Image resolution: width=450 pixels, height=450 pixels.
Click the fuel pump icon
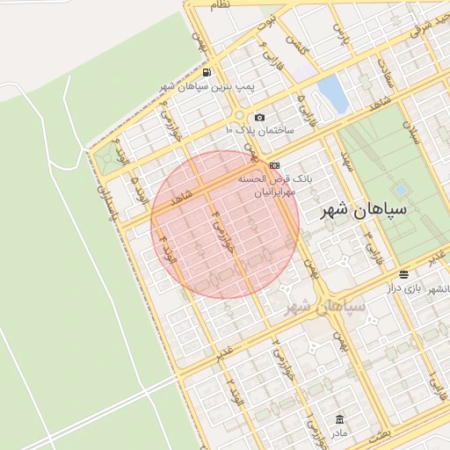pyautogui.click(x=206, y=72)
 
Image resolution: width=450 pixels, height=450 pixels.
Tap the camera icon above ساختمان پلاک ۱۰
pyautogui.click(x=259, y=118)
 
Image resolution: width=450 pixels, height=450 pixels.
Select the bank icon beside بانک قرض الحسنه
pyautogui.click(x=275, y=165)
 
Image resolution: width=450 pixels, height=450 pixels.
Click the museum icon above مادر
pyautogui.click(x=339, y=419)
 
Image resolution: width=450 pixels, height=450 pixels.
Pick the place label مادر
pyautogui.click(x=339, y=433)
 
